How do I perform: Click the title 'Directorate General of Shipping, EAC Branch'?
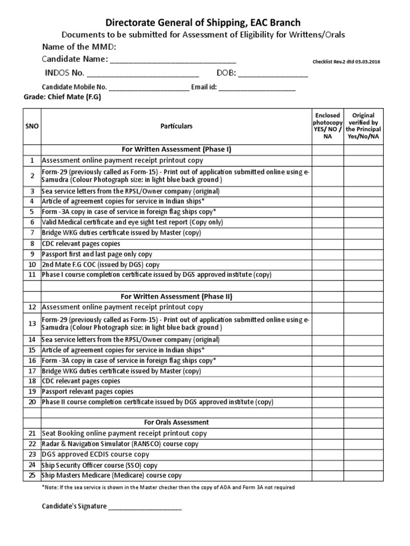[202, 22]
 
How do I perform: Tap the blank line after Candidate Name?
[172, 60]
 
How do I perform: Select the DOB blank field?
[276, 74]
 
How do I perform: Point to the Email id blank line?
[257, 87]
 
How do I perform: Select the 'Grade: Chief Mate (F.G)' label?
[62, 98]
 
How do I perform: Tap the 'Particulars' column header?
[176, 126]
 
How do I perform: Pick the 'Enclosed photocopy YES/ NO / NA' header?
[328, 126]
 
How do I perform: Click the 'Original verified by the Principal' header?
[363, 126]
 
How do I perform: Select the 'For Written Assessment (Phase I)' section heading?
[176, 149]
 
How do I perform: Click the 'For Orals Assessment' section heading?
[176, 423]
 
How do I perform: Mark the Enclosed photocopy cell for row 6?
[328, 222]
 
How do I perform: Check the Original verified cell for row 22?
[363, 444]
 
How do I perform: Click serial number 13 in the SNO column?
[31, 323]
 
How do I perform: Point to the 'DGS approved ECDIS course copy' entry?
[96, 454]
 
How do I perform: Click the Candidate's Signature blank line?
[145, 507]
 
